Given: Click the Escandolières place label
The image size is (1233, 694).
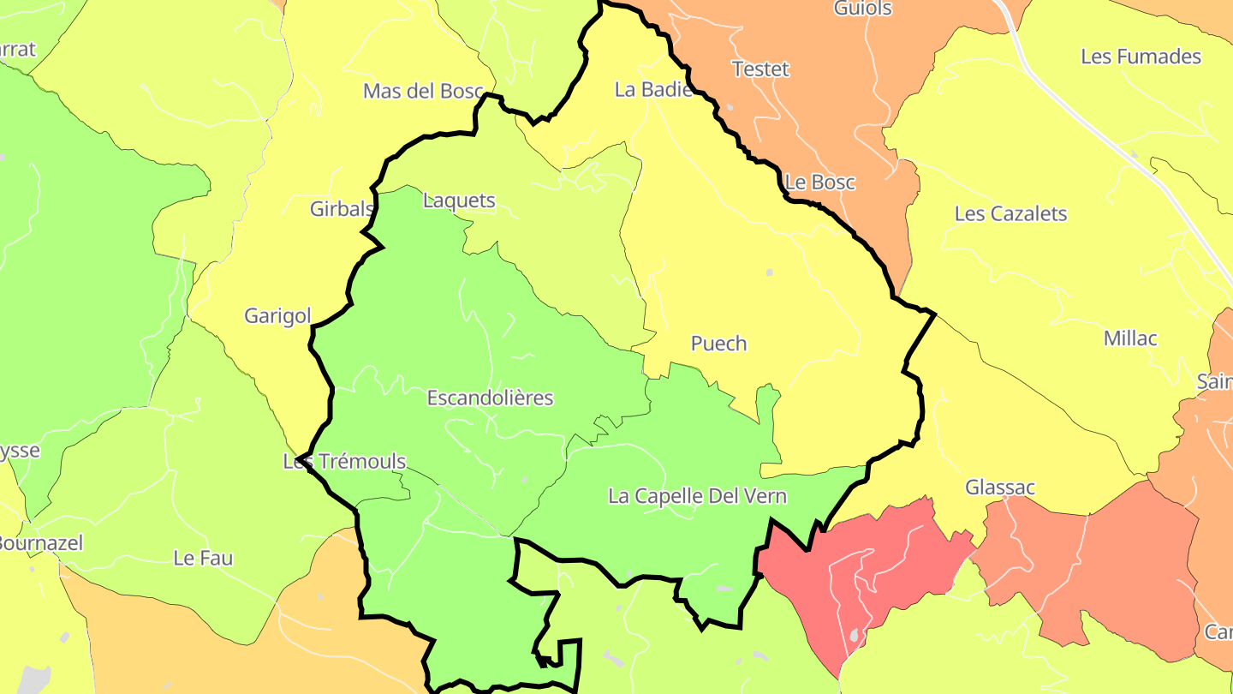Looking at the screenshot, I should pos(490,398).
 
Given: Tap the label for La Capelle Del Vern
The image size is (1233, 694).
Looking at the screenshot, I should pos(697,496).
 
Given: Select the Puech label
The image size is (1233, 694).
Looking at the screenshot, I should pos(718,344).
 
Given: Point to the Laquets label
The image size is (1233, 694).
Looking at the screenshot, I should pos(459,200).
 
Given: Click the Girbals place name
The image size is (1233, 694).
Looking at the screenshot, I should pos(342,208).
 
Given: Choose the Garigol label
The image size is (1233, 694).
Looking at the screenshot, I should pos(277,315).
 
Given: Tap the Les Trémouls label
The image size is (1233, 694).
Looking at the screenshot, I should pos(344,462).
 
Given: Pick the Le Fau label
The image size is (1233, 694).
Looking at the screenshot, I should pos(203,559).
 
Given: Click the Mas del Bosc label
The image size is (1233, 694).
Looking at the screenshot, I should pos(423,91).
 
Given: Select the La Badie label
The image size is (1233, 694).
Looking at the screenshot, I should pos(653,89).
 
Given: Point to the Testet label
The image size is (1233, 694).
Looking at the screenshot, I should pos(760,69).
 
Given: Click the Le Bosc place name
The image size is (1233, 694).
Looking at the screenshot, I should pos(819,182).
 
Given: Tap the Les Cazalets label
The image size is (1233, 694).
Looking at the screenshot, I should pos(1010,213).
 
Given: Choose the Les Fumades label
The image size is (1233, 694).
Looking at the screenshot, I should pos(1141,57).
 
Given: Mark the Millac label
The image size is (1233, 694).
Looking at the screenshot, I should pos(1130,338).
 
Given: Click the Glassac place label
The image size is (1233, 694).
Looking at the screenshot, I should pos(1000,488).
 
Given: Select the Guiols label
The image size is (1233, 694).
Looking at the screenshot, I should pos(862,9).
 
